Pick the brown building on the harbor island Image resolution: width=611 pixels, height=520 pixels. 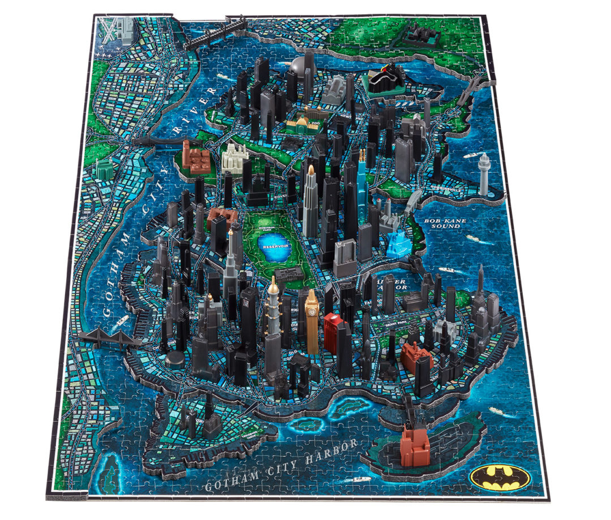click(415, 446)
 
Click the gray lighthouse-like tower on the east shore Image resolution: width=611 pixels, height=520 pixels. click(484, 174)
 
